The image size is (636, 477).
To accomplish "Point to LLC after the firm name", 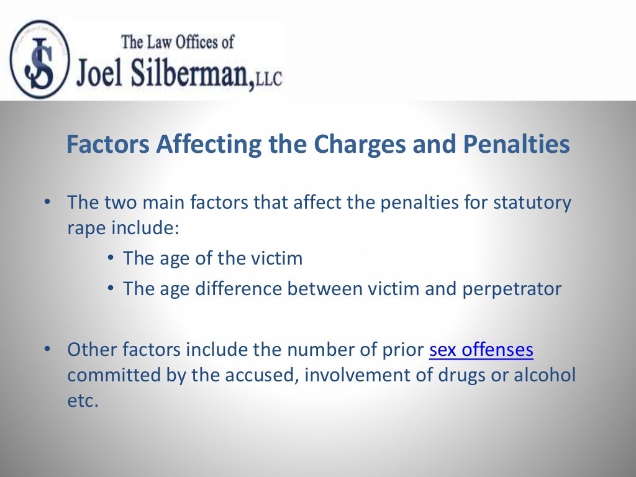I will (x=269, y=79).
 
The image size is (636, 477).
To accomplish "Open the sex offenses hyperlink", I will (x=481, y=350).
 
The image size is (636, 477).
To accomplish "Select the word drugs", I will (x=460, y=375).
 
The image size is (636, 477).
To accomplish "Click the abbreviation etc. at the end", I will (x=83, y=401).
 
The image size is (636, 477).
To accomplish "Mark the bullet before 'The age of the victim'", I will (x=110, y=258).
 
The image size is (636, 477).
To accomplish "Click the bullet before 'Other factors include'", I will (x=47, y=350).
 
